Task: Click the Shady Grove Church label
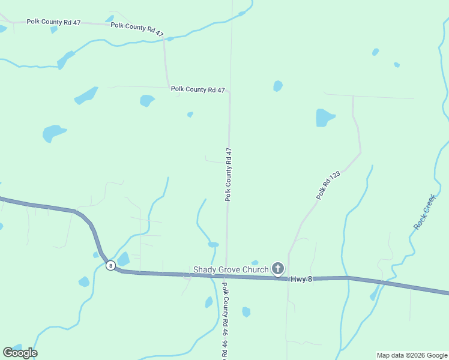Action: (231, 269)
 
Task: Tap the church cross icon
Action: (278, 268)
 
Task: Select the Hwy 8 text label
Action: (302, 279)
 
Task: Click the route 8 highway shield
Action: (110, 265)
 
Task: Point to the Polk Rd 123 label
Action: (328, 185)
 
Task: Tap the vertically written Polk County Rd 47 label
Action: (228, 174)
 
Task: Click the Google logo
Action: (20, 352)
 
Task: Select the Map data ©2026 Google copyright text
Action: (412, 355)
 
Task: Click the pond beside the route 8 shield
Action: (123, 259)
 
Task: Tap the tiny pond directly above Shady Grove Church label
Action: (255, 262)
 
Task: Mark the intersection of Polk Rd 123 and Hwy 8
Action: (288, 278)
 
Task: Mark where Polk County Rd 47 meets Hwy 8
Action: (226, 276)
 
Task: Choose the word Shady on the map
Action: (203, 269)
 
